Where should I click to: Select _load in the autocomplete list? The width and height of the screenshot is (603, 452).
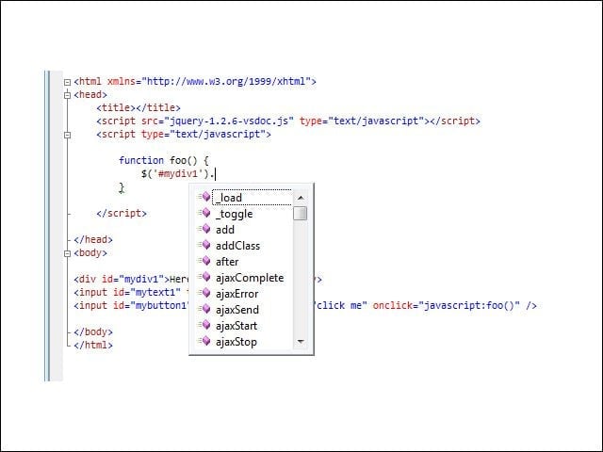pos(229,198)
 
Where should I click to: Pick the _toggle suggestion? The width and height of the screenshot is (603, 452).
pos(235,214)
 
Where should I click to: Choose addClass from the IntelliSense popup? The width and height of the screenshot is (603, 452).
pos(237,246)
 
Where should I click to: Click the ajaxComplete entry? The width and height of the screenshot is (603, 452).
pos(250,278)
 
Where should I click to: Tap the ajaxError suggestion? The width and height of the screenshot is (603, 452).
pos(236,294)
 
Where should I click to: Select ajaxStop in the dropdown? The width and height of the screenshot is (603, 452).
pos(236,342)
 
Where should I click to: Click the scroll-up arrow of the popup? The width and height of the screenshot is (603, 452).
pos(301,198)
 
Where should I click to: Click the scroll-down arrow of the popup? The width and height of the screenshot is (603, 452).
pos(301,341)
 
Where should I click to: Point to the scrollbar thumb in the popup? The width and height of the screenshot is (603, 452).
pos(300,214)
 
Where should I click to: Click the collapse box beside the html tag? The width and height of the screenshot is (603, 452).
pos(67,82)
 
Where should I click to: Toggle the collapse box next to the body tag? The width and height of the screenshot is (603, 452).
pos(67,253)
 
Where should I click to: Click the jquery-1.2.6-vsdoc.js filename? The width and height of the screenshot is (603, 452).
pos(229,121)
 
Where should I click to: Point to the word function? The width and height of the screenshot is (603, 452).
pos(141,160)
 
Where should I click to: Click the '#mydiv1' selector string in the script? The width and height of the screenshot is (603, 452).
pos(180,173)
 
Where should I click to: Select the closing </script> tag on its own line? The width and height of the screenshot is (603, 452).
pos(122,213)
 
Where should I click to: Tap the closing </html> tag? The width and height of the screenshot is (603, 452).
pos(93,345)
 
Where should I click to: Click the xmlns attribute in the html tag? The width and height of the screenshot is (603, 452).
pos(124,82)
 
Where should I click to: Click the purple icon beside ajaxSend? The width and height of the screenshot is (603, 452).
pos(205,309)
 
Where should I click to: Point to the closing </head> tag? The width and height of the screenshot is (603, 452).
pos(93,239)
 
